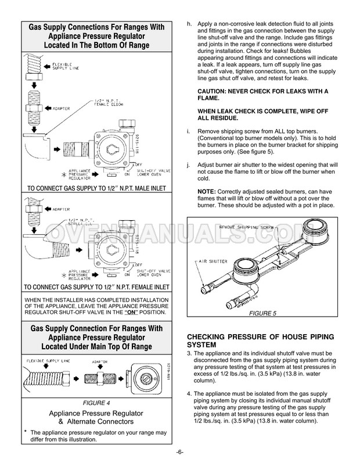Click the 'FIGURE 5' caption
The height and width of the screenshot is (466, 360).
point(264,313)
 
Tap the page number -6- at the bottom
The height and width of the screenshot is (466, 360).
point(180,453)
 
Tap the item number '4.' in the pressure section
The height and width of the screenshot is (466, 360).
point(189,393)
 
